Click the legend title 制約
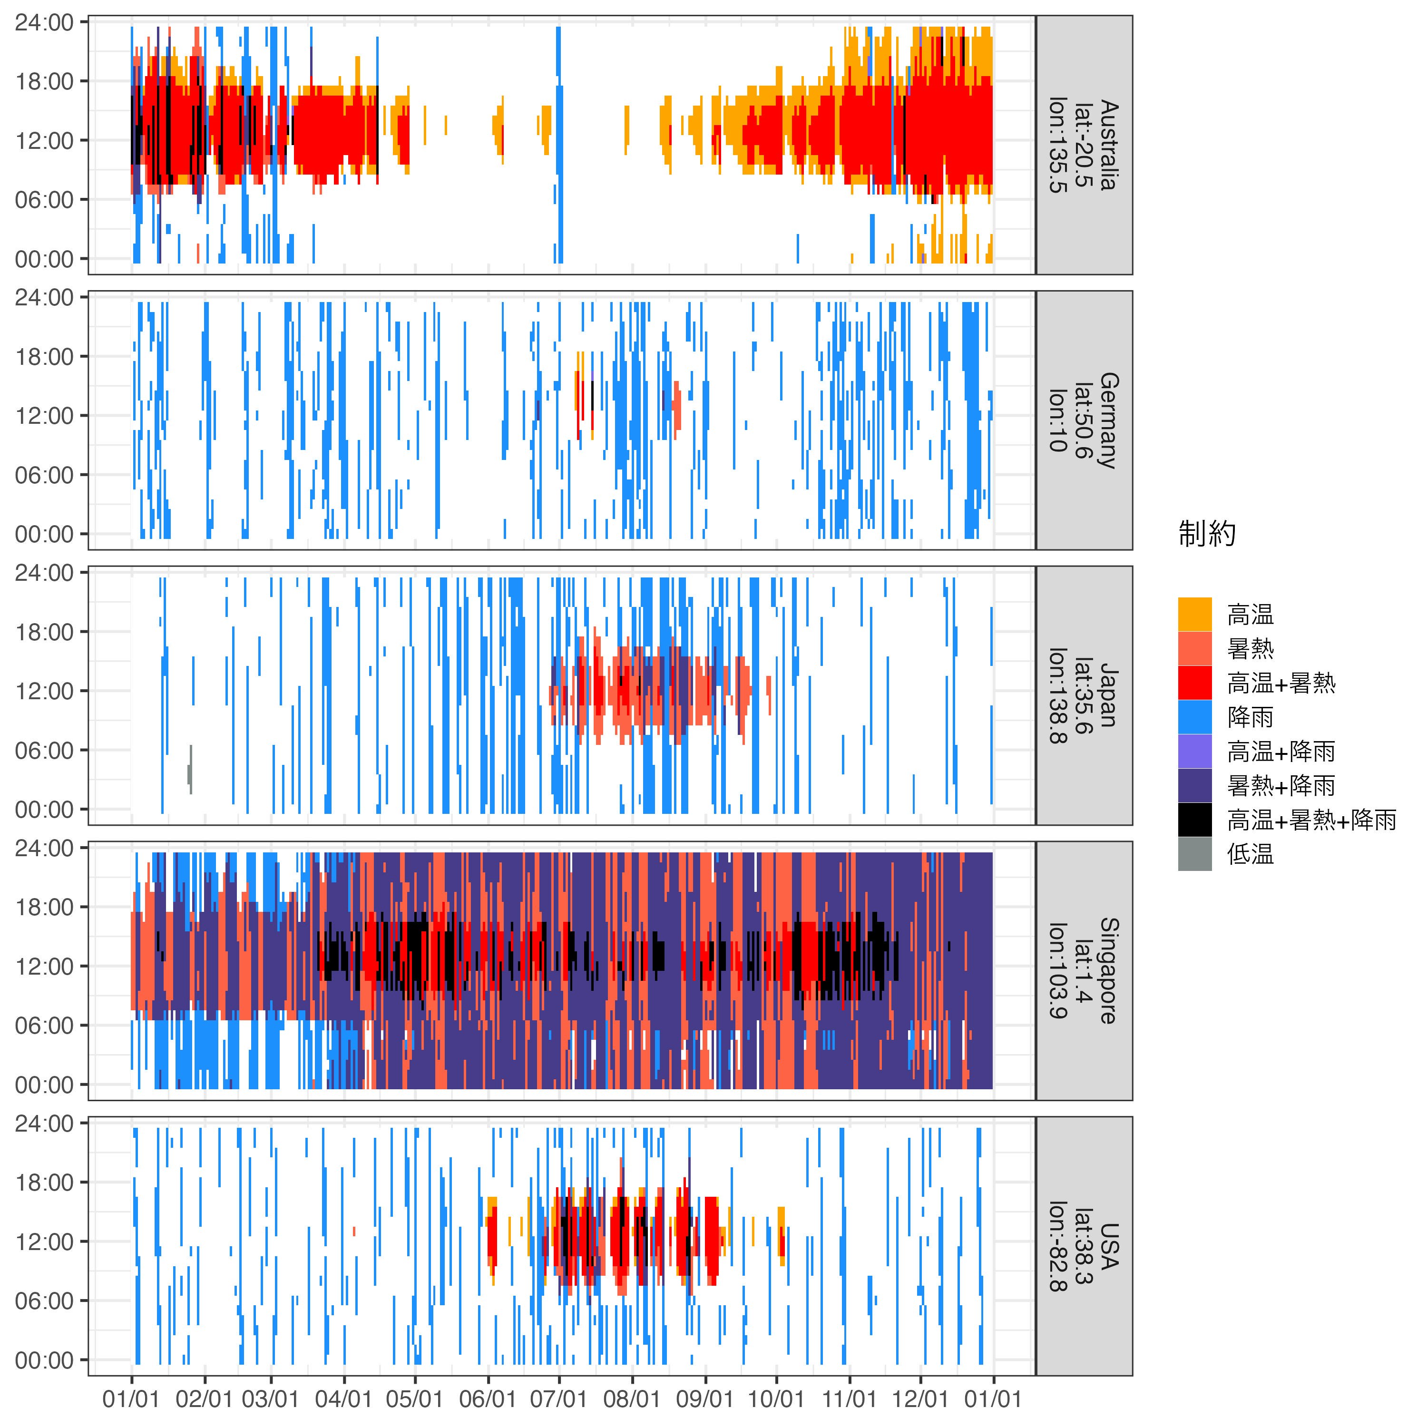click(x=1206, y=533)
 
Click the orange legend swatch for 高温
click(x=1194, y=614)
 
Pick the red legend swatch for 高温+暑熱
click(x=1194, y=683)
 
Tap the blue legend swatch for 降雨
click(x=1194, y=716)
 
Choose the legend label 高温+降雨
click(x=1281, y=751)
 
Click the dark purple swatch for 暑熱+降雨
click(x=1194, y=785)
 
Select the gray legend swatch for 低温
click(x=1194, y=854)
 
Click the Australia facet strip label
click(x=1084, y=146)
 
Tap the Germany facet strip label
click(x=1084, y=420)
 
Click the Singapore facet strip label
click(x=1084, y=970)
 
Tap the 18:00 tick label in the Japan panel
click(x=44, y=632)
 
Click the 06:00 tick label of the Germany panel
click(x=44, y=475)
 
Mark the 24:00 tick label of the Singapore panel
click(x=44, y=848)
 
